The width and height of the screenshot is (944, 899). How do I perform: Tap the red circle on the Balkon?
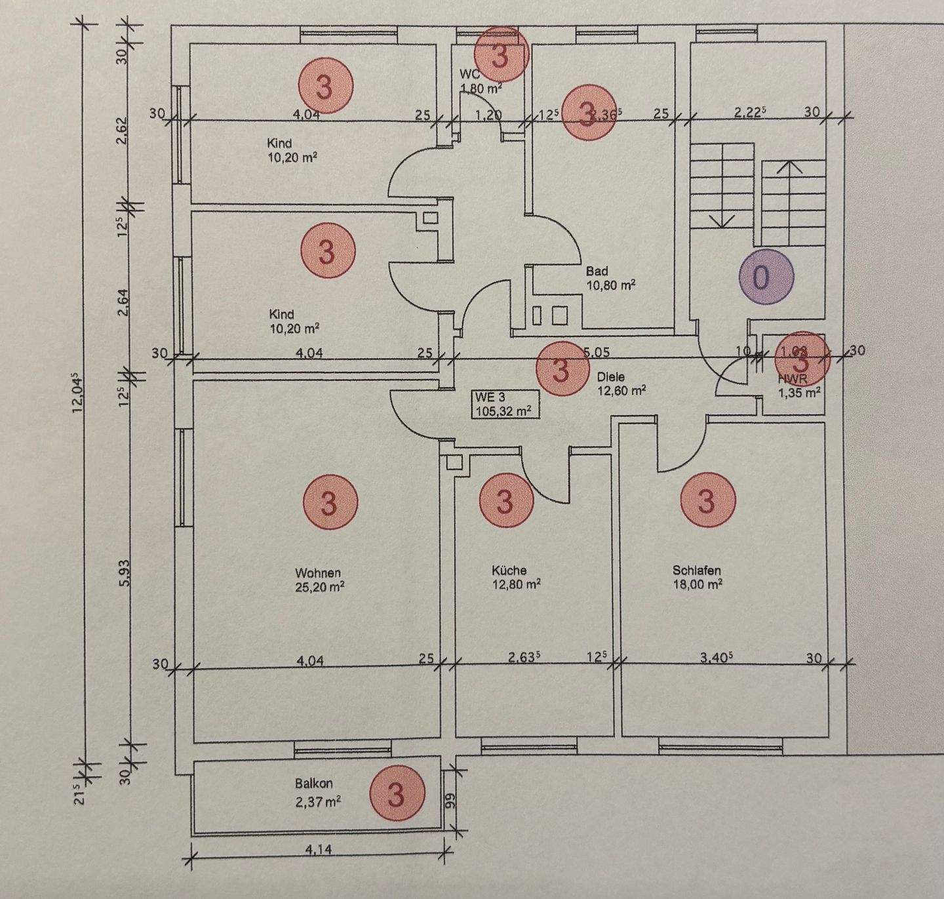pos(397,794)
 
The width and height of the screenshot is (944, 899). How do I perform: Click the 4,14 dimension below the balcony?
pos(319,850)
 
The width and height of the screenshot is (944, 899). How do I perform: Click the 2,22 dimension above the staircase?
pos(750,111)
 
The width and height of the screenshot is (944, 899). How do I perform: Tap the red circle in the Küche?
pos(505,502)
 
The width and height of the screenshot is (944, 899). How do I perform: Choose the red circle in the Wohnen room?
pos(330,503)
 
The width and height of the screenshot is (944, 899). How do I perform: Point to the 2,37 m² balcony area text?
pos(318,801)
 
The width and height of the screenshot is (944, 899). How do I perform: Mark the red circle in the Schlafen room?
pos(707,501)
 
